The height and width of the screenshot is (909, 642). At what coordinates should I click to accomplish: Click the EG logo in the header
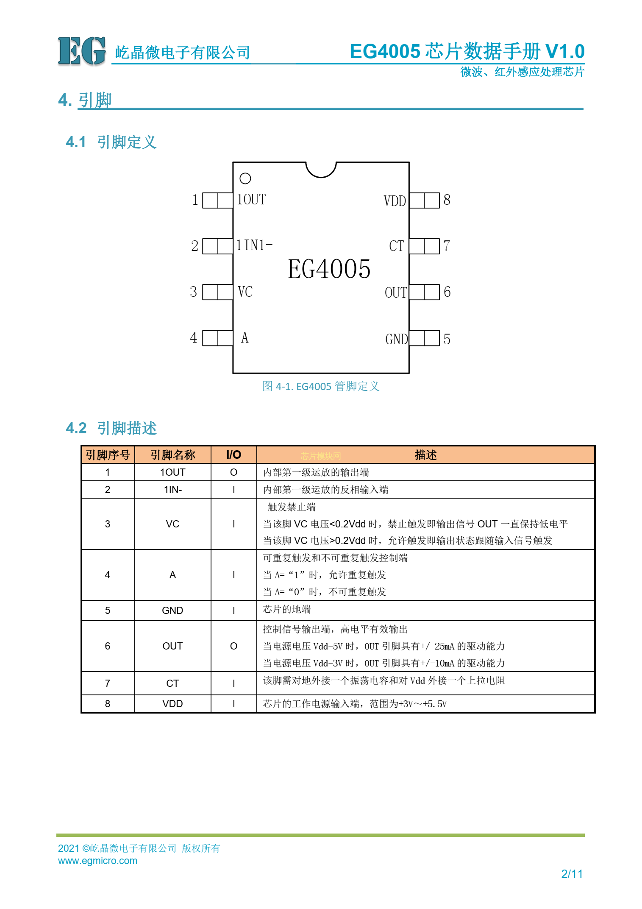(x=81, y=51)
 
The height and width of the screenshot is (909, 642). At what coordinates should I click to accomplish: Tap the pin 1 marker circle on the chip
(x=245, y=178)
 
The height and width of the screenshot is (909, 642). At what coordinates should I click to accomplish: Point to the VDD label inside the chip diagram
(x=395, y=201)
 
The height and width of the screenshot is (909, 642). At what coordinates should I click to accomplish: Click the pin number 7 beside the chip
(x=447, y=246)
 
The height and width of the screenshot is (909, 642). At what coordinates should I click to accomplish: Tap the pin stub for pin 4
(x=217, y=338)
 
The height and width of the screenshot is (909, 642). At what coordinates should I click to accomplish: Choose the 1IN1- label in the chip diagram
(x=254, y=245)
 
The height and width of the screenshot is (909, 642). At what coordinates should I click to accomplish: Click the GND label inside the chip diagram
(x=396, y=339)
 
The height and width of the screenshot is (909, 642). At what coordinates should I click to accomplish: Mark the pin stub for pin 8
(x=424, y=201)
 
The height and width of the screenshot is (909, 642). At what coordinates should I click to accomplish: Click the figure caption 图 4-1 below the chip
(x=321, y=386)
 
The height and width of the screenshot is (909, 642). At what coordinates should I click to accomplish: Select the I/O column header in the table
(x=233, y=455)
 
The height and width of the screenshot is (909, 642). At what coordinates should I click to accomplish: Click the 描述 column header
(x=425, y=455)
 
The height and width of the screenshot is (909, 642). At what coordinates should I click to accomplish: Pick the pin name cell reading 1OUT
(x=172, y=472)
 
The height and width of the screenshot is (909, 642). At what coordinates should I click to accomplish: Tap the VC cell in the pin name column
(x=172, y=524)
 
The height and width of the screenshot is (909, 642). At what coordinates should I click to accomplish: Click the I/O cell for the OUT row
(x=233, y=646)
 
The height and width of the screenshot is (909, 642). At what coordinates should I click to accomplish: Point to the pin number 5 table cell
(x=108, y=611)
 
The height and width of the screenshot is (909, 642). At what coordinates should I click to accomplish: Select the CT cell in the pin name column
(x=172, y=683)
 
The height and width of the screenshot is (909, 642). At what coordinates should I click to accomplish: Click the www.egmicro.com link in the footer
(x=97, y=861)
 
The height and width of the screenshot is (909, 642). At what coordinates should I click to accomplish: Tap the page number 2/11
(x=572, y=874)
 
